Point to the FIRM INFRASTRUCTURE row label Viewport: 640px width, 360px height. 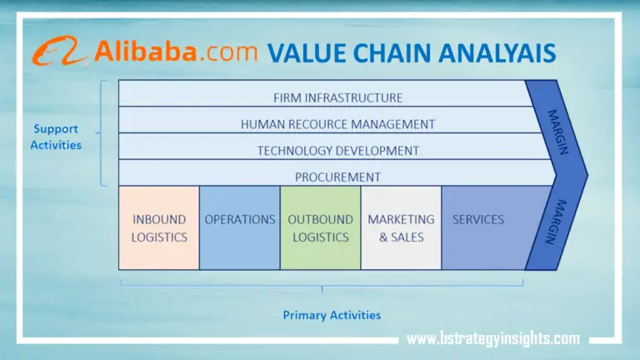[x=337, y=97]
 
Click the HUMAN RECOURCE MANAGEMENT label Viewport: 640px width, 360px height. [x=337, y=124]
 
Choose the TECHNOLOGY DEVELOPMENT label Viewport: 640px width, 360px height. [x=337, y=151]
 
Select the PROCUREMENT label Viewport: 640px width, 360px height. [x=337, y=177]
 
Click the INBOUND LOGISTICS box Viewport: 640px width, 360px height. [x=159, y=227]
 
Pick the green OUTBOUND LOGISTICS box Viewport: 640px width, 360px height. [x=320, y=227]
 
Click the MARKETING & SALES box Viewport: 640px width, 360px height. [x=401, y=227]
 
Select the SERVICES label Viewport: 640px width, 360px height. [x=478, y=220]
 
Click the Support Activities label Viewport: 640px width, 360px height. [x=57, y=137]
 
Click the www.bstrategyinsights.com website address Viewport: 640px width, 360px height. [x=492, y=338]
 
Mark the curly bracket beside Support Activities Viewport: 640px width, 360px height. [x=102, y=133]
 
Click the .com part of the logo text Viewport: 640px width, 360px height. [x=227, y=52]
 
